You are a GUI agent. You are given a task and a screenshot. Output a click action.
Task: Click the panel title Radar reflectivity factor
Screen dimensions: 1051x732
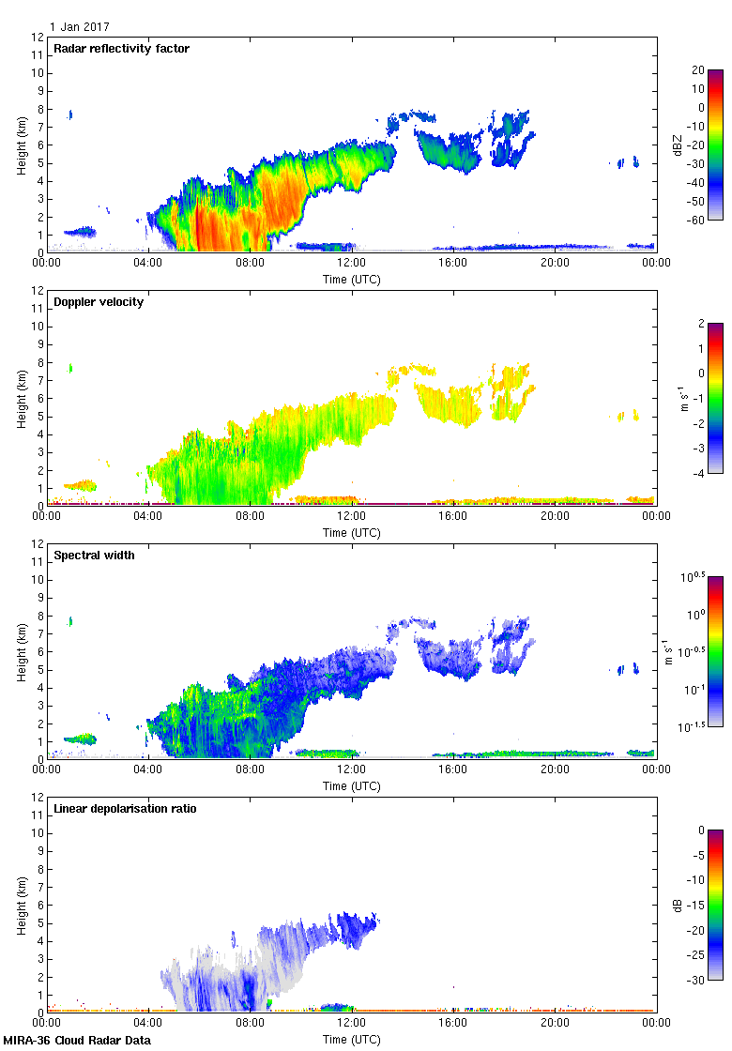point(122,49)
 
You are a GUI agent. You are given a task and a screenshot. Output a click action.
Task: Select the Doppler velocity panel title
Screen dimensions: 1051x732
point(99,302)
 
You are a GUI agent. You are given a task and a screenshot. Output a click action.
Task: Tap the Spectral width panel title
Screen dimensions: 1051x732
point(96,556)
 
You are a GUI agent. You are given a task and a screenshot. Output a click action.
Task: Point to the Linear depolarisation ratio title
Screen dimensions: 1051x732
point(125,809)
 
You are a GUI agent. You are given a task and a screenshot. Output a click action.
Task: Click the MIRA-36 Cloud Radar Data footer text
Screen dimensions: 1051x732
point(77,1041)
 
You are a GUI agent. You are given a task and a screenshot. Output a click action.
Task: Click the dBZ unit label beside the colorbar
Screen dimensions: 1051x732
point(678,145)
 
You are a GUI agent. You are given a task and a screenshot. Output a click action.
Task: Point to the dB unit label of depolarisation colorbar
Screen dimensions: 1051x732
point(678,905)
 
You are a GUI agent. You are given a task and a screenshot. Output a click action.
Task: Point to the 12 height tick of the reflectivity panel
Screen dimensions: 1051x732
point(38,38)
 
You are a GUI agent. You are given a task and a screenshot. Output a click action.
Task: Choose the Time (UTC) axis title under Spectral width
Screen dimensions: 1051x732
point(351,785)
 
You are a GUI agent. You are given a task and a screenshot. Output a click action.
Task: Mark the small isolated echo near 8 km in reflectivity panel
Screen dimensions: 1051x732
point(69,114)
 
